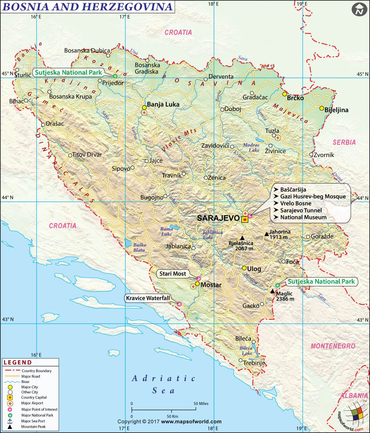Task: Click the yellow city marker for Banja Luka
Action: point(144,107)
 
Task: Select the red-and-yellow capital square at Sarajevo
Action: point(245,219)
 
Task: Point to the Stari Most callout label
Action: point(173,274)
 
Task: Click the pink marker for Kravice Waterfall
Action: point(179,304)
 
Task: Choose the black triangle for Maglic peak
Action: point(273,292)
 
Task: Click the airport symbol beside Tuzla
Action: point(278,138)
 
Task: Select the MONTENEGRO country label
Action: point(333,346)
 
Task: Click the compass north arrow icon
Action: point(358,10)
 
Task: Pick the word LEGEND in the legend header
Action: point(17,362)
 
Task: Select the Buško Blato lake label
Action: point(139,247)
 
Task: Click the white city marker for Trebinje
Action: point(240,360)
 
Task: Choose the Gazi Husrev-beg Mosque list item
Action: point(313,197)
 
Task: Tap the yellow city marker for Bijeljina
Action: point(322,108)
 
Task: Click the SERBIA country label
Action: point(344,142)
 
